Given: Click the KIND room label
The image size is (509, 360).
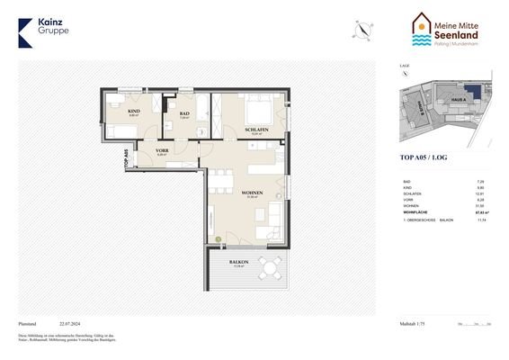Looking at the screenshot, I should (x=134, y=111).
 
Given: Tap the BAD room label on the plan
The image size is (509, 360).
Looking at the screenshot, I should (x=183, y=112).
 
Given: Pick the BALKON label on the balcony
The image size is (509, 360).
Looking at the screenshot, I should (x=239, y=262).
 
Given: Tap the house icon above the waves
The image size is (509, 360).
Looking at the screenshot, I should (x=423, y=21).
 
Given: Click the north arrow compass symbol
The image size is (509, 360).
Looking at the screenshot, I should (x=361, y=29).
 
